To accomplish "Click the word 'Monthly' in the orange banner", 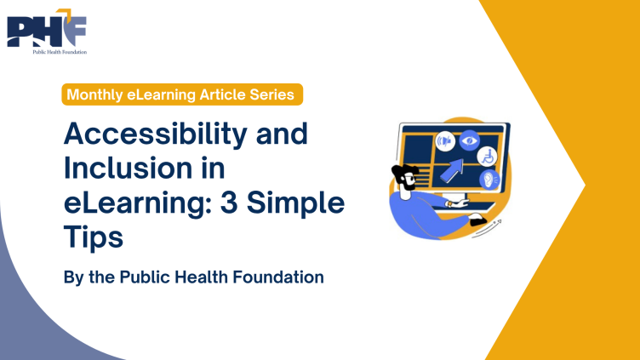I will coord(93,95).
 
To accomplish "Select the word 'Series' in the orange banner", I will coord(271,95).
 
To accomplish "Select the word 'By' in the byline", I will coord(74,277).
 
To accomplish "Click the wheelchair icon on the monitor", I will coord(489,157).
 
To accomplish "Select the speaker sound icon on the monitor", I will coord(443,140).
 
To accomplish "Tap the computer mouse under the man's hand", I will coord(478,222).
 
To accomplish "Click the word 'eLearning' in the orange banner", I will coord(166,95).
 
